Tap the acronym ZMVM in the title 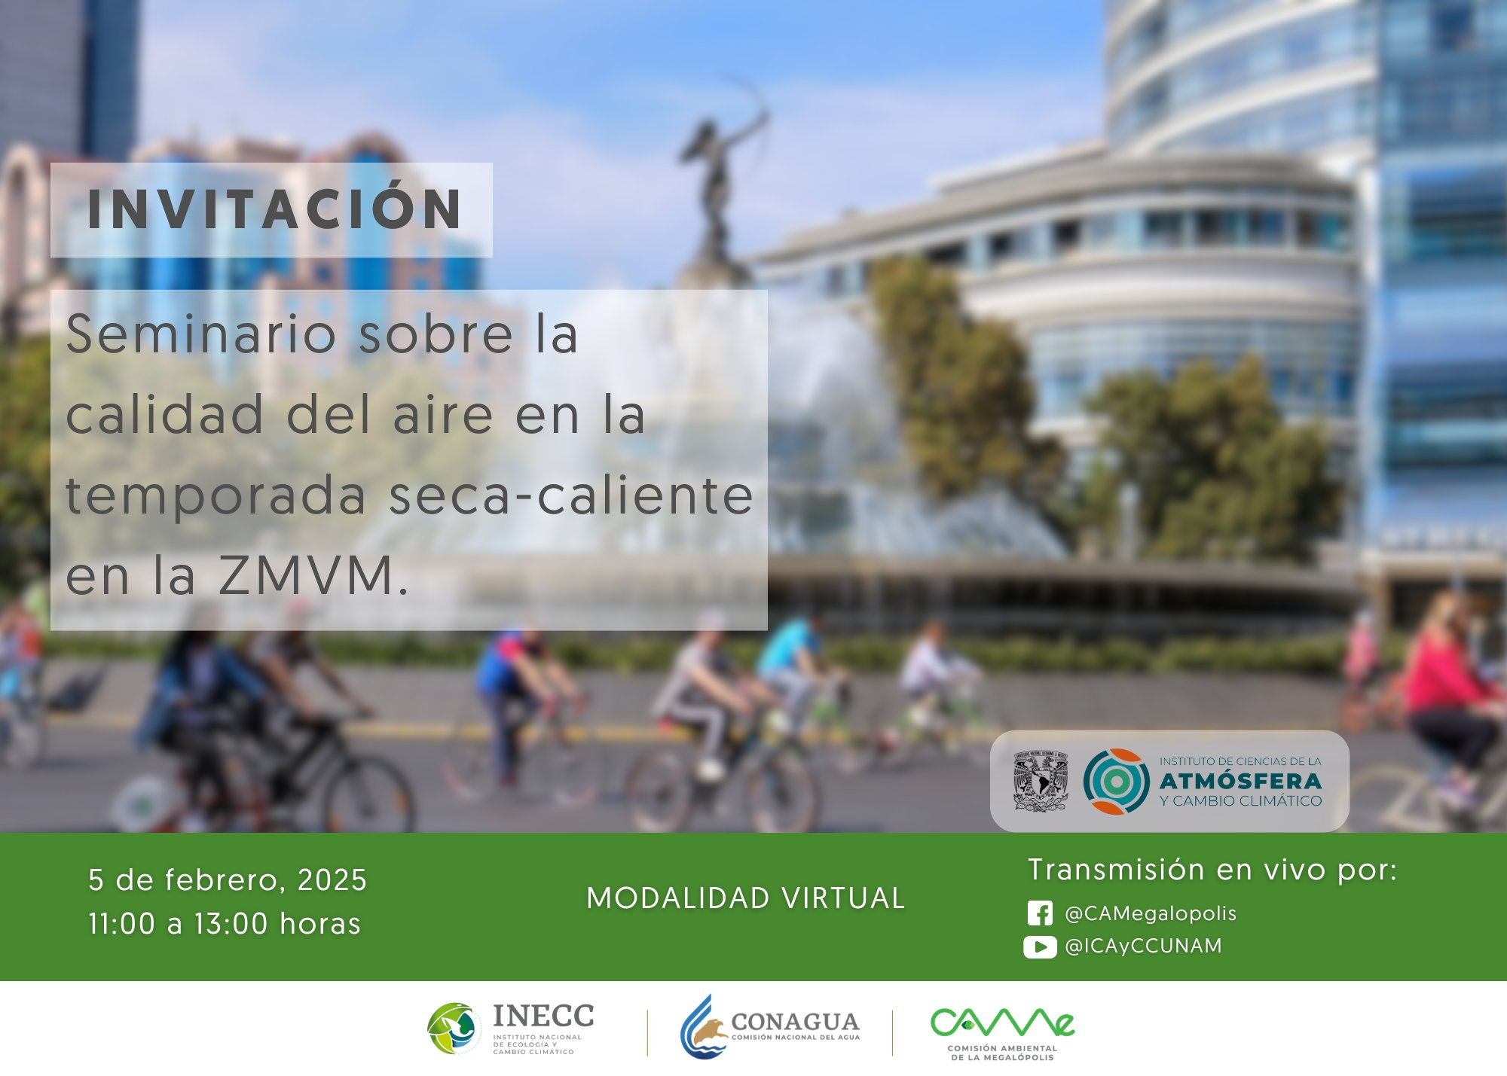pos(307,575)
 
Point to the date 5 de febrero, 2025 pos(228,880)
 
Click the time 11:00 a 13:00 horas pos(225,924)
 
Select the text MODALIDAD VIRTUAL pos(746,898)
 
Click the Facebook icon pos(1040,913)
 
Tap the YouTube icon pos(1040,946)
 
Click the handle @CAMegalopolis pos(1151,913)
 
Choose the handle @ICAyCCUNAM pos(1143,946)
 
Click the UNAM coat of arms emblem pos(1041,781)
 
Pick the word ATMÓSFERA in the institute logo pos(1241,781)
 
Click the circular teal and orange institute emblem pos(1116,781)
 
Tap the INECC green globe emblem pos(454,1028)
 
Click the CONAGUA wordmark pos(795,1022)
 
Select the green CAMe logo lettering pos(1002,1022)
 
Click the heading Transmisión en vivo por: pos(1212,870)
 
